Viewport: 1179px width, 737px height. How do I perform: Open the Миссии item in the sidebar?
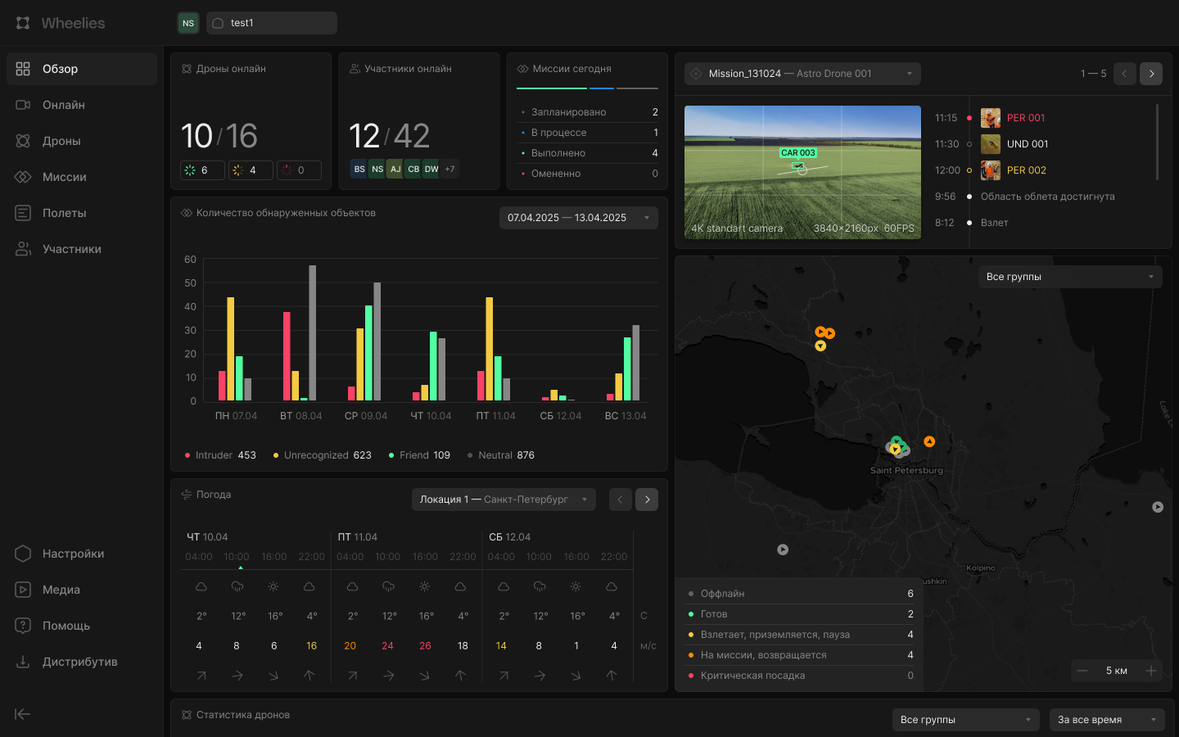tap(64, 177)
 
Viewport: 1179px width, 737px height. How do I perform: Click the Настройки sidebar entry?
tap(73, 554)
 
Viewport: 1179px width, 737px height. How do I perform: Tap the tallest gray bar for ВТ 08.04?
tap(312, 332)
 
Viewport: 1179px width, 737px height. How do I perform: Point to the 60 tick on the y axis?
tap(191, 260)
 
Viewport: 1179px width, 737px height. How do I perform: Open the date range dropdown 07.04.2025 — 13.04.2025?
tap(578, 218)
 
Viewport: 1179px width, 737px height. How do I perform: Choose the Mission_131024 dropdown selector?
tap(802, 74)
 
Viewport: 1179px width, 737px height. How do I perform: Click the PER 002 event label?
tap(1026, 170)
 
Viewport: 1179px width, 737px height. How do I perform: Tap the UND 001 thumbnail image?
tap(991, 144)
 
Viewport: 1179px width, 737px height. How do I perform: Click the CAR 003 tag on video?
tap(797, 153)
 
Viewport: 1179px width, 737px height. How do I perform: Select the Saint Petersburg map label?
tap(906, 471)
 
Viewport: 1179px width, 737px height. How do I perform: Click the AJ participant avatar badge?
tap(395, 170)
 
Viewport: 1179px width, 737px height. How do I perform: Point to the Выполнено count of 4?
tap(655, 153)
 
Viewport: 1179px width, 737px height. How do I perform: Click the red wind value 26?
tap(425, 646)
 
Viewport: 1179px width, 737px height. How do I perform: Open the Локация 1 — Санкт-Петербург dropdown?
tap(503, 500)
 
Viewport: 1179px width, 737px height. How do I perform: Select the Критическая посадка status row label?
tap(752, 676)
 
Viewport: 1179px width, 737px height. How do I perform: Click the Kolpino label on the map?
tap(981, 568)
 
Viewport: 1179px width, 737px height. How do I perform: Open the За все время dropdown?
tap(1106, 720)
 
